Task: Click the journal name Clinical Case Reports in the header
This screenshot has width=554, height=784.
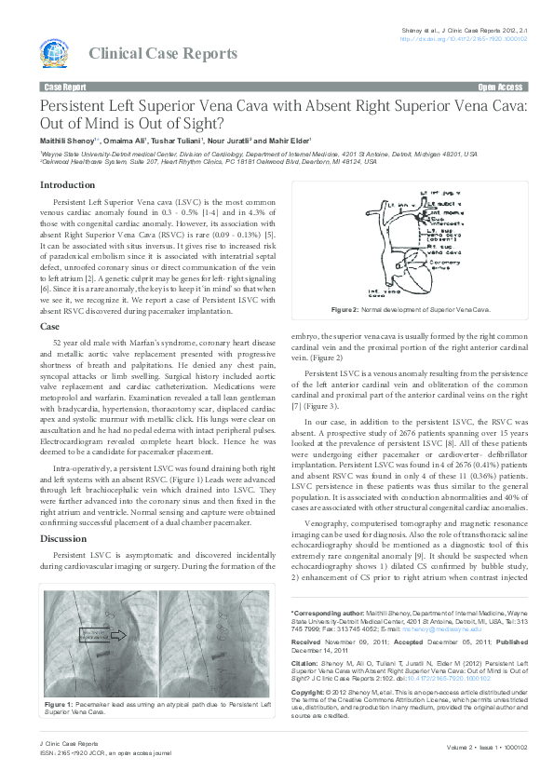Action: point(163,54)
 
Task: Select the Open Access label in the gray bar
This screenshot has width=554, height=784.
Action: point(500,87)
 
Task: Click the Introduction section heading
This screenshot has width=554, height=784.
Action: point(67,184)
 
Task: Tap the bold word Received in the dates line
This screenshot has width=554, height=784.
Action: point(306,642)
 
